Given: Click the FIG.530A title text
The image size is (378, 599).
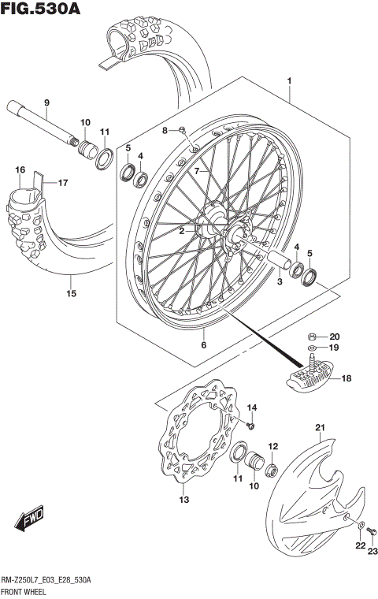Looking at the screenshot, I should tap(41, 10).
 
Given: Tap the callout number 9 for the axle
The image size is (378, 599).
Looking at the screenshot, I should tap(46, 103).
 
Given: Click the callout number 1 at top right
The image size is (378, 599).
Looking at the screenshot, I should tap(289, 81).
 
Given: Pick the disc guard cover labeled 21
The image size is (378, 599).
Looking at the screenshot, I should tap(311, 489).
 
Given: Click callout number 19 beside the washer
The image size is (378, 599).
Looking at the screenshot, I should tap(333, 347).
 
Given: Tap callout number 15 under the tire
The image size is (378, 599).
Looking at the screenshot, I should tap(71, 294).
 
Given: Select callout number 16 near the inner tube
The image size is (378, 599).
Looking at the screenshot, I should tap(20, 170).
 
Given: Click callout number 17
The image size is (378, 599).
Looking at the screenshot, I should tap(62, 183).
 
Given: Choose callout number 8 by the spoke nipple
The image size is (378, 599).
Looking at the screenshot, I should tap(165, 130).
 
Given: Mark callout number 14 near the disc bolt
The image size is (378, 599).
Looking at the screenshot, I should tap(253, 407).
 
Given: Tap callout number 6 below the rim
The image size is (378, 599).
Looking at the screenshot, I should tap(202, 344).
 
